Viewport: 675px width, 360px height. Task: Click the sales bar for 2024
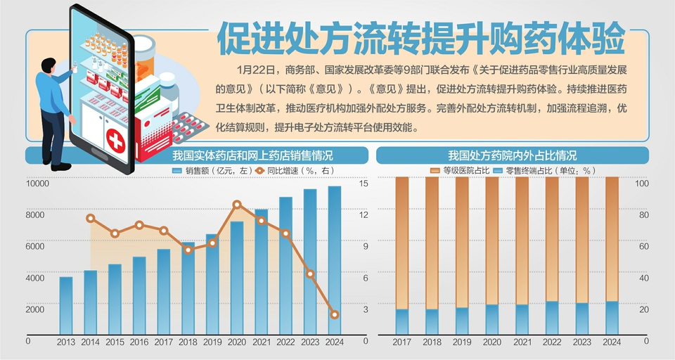(x=335, y=260)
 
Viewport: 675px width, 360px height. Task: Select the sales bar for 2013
(x=66, y=306)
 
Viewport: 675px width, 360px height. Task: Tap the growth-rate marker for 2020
(x=237, y=205)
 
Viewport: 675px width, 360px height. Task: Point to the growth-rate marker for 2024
(x=335, y=314)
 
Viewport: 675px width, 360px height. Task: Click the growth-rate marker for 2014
(x=91, y=218)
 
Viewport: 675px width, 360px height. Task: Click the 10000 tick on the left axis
(x=37, y=184)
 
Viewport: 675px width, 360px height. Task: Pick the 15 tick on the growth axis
(x=364, y=184)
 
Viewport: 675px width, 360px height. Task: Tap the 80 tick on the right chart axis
(x=643, y=215)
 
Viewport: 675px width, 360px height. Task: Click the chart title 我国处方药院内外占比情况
(x=512, y=155)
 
